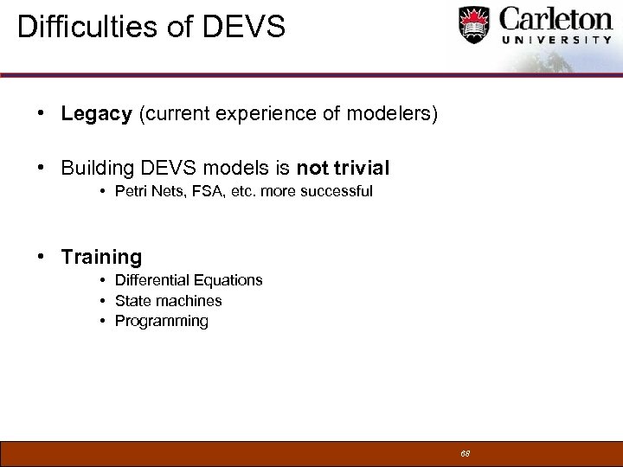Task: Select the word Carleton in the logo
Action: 556,19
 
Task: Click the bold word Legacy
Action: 96,115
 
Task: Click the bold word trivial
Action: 356,168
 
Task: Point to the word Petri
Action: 130,191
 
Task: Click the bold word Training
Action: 101,257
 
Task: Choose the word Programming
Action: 162,322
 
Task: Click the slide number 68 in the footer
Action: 465,453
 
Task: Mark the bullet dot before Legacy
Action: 41,115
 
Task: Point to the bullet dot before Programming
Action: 102,322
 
